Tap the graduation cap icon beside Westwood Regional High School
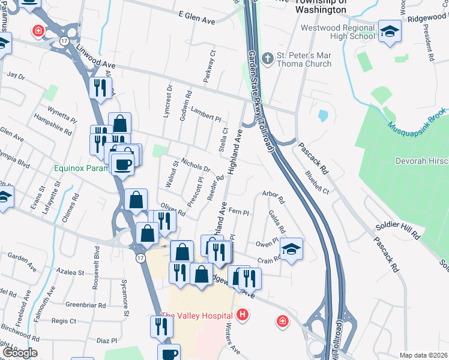[x=390, y=32]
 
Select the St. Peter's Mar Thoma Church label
[x=304, y=60]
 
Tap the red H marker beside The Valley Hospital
[x=243, y=314]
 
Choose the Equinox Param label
[x=81, y=169]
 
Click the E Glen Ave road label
[x=196, y=20]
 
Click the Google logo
[x=19, y=353]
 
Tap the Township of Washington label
[x=321, y=7]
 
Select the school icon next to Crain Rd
[x=291, y=249]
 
